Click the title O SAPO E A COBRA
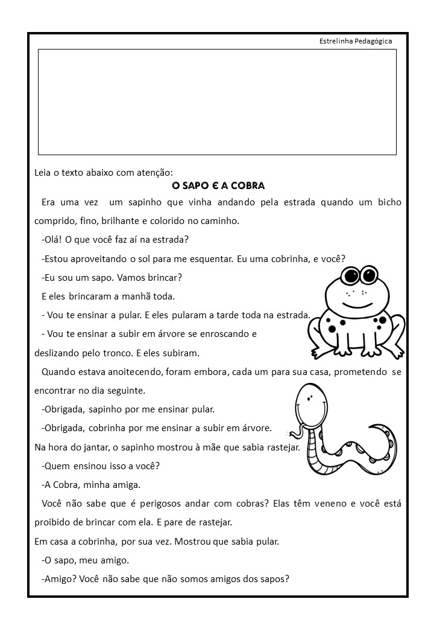click(x=219, y=185)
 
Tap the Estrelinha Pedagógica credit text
click(x=356, y=41)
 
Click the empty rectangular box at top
click(x=217, y=102)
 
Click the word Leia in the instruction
click(x=43, y=173)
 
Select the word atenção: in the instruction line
click(x=156, y=173)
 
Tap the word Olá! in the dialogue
click(x=52, y=239)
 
